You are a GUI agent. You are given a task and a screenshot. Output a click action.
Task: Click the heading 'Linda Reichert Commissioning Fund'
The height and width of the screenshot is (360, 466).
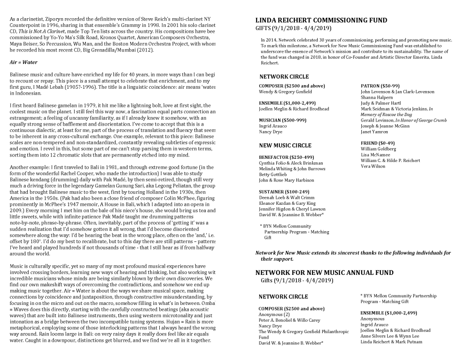point(321,20)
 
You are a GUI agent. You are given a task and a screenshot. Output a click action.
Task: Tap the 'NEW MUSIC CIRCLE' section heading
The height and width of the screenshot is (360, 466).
point(285,146)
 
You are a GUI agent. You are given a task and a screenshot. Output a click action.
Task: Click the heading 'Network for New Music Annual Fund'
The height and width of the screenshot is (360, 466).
point(324,273)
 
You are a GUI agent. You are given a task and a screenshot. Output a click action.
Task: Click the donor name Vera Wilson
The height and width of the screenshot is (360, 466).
point(373,166)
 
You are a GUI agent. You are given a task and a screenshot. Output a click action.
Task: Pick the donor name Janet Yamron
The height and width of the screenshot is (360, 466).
point(374,132)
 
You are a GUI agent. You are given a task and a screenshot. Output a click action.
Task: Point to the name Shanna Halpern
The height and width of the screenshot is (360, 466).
point(376,97)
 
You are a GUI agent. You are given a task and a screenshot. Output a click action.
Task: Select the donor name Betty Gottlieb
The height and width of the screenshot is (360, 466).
point(273,174)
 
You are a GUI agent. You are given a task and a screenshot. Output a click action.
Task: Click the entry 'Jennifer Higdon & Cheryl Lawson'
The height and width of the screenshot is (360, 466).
point(291,209)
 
